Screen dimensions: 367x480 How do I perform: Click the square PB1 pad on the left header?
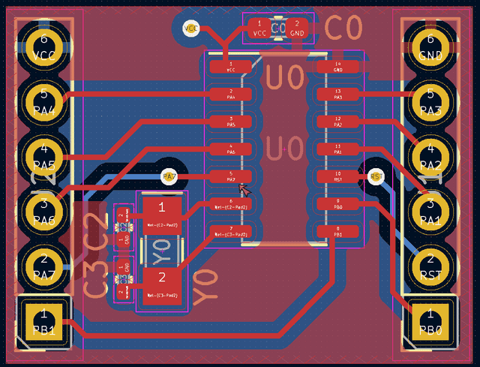43,321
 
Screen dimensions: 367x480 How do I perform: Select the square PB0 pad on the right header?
430,321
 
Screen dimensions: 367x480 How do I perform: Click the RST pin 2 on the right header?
430,266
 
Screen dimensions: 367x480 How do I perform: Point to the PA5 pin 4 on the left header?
43,155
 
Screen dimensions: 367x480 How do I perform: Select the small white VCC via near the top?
190,29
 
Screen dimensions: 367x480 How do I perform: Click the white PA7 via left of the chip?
169,176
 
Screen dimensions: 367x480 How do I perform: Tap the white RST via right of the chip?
376,176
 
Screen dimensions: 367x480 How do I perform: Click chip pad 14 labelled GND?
337,67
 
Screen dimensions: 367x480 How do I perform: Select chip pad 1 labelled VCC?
231,67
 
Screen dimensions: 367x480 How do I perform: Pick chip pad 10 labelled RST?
337,176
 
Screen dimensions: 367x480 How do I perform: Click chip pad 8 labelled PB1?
337,231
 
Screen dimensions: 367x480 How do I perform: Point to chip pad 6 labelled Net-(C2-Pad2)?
231,204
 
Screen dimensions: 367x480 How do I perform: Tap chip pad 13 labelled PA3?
337,95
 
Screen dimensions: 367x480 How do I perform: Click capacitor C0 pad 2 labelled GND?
297,29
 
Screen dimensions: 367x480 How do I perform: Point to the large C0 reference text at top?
343,29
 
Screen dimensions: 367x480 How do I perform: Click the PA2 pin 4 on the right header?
430,155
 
